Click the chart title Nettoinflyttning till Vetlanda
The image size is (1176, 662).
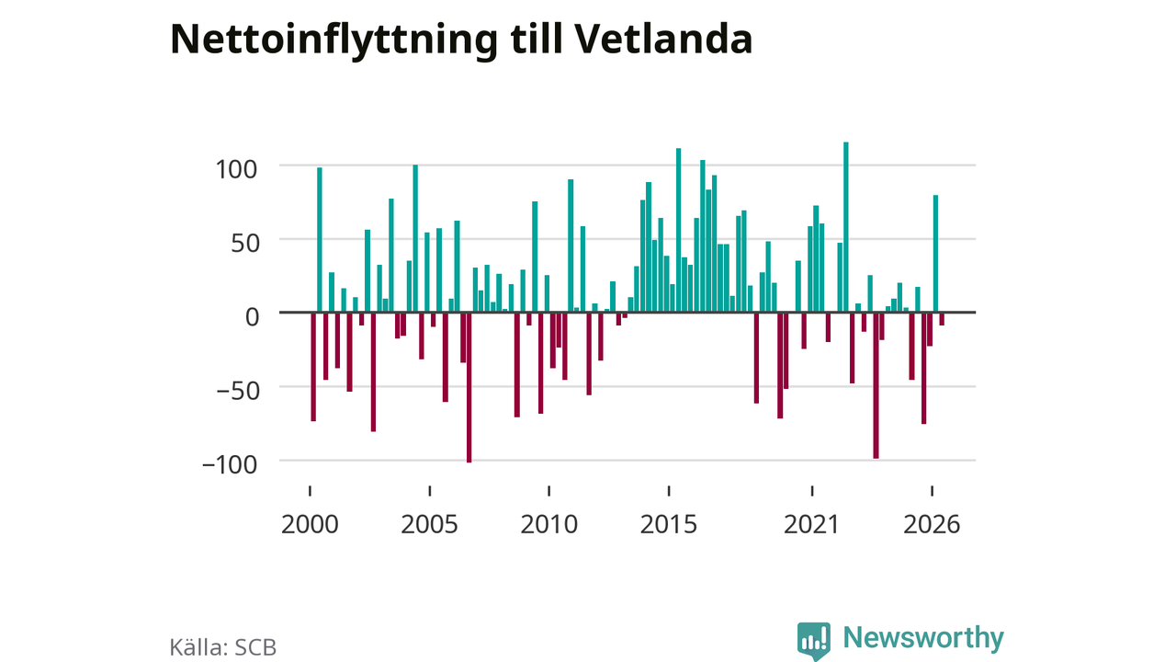tap(461, 40)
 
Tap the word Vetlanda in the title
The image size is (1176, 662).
tap(663, 39)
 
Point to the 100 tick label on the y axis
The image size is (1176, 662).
tap(236, 170)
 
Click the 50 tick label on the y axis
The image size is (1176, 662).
tap(244, 244)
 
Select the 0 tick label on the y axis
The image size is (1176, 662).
tap(252, 317)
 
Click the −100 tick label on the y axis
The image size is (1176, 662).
tap(230, 464)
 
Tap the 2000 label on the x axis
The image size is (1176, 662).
tap(310, 524)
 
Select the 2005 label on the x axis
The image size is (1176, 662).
tap(429, 524)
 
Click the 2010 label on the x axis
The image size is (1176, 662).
tap(549, 524)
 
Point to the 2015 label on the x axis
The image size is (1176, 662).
tap(668, 524)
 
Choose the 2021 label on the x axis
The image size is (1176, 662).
tap(811, 524)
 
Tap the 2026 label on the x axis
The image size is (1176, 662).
tap(932, 524)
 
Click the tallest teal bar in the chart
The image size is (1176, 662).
tap(846, 227)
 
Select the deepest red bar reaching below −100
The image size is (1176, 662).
tap(469, 388)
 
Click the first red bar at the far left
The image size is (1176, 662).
tap(313, 367)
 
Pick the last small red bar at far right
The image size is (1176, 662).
tap(942, 319)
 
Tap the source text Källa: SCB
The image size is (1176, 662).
tap(222, 647)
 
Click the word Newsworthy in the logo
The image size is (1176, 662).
tap(923, 638)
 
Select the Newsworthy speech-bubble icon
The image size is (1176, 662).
tap(814, 641)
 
